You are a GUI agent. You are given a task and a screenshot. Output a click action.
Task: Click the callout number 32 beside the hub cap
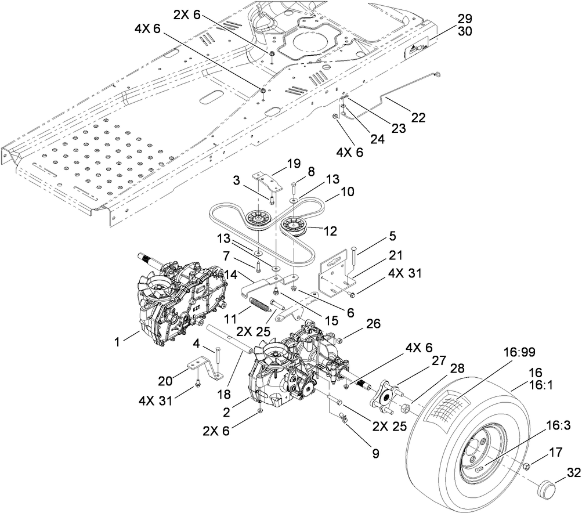[x=573, y=472]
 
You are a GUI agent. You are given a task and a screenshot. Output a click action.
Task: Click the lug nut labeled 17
[x=526, y=467]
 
